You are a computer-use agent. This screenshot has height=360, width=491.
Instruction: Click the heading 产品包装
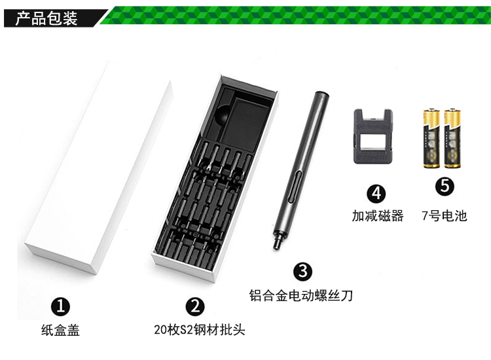[46, 18]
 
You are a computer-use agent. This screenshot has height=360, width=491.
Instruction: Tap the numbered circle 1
[60, 306]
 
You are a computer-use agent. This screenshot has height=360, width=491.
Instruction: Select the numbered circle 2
[195, 306]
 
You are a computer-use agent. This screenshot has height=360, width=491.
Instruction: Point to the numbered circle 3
[303, 271]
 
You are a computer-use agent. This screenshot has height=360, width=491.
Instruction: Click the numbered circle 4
[376, 194]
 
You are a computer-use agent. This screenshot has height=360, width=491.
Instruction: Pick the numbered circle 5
[445, 187]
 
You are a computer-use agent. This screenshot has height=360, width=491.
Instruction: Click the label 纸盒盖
[60, 331]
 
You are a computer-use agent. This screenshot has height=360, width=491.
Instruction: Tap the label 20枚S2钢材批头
[200, 330]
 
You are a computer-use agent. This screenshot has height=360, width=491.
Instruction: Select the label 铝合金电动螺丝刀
[301, 295]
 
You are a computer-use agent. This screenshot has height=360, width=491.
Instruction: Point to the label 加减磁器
[378, 216]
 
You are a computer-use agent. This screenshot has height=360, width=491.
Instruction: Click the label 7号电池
[445, 216]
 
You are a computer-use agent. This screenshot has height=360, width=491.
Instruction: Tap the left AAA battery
[431, 138]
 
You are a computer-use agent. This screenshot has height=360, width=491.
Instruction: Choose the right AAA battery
[452, 138]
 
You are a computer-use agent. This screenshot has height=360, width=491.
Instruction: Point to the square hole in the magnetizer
[373, 139]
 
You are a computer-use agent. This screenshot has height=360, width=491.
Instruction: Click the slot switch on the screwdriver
[294, 188]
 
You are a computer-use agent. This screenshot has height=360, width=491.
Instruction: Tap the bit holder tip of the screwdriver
[277, 241]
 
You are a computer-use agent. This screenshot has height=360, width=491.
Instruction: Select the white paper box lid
[98, 168]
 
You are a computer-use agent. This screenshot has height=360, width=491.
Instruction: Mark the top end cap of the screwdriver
[321, 94]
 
